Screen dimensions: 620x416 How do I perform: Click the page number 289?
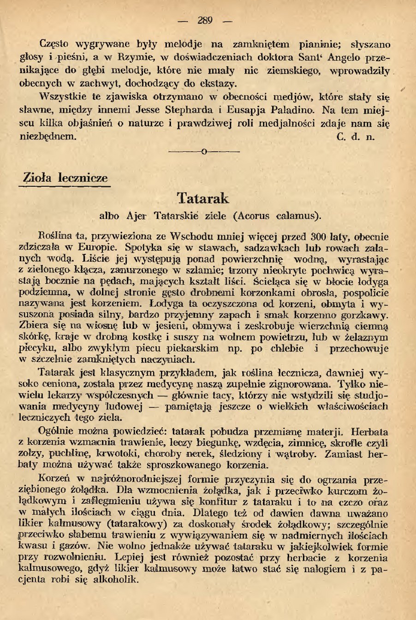[205, 20]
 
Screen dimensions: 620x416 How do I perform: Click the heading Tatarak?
[203, 198]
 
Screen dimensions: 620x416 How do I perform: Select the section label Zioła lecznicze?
[65, 178]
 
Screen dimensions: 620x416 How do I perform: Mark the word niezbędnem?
[47, 137]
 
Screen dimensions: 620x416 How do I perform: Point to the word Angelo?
[346, 58]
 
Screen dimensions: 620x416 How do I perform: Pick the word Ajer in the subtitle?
[137, 215]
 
